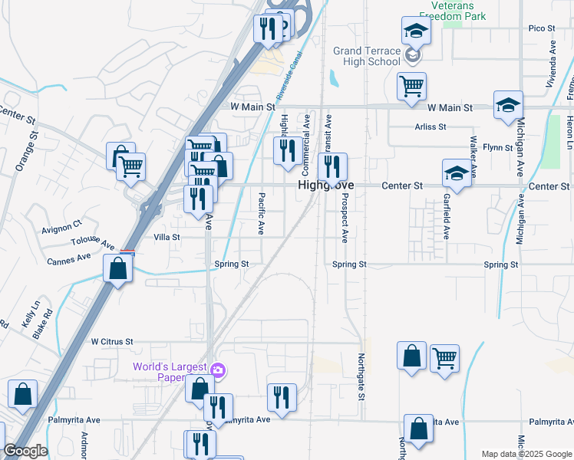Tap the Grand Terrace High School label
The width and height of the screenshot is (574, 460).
tap(367, 57)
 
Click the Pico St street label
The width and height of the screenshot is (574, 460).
tap(541, 28)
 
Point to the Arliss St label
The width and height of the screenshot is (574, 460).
tap(430, 127)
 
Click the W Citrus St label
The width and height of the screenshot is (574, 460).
tap(112, 341)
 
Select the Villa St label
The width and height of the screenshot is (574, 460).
tap(167, 238)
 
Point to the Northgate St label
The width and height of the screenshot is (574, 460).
tap(360, 376)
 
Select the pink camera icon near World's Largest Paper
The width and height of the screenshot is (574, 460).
tap(218, 372)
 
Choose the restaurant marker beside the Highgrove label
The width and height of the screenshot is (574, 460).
tap(332, 166)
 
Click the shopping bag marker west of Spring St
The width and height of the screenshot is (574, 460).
tap(117, 268)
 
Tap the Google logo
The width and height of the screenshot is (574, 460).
tap(25, 451)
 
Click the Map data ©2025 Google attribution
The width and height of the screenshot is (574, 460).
tap(526, 454)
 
